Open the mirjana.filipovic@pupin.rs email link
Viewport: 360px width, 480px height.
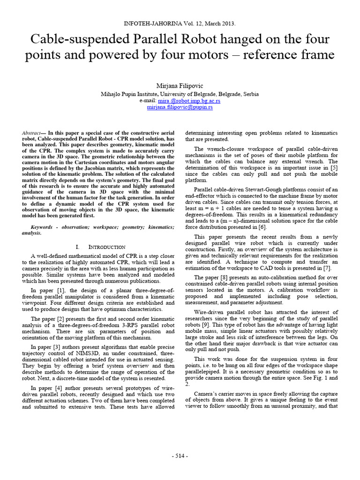180,107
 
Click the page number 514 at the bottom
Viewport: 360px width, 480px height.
180,456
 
